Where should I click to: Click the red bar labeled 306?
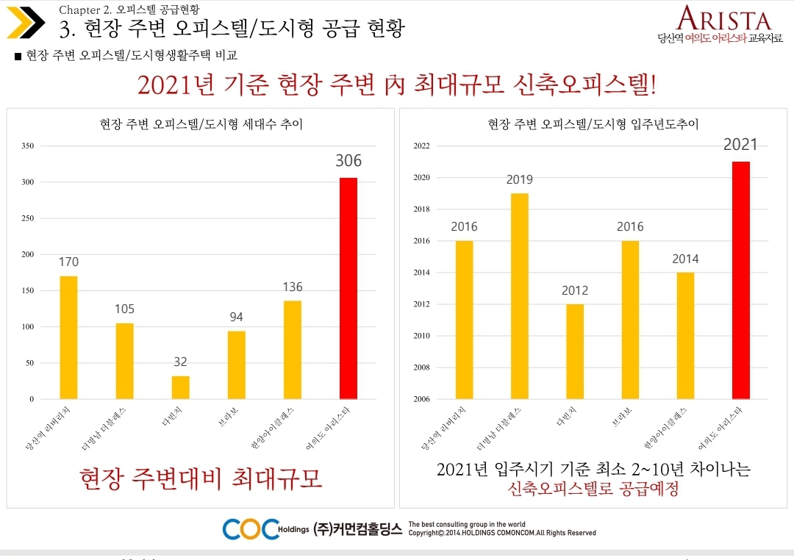click(348, 288)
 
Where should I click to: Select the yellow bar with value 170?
click(68, 337)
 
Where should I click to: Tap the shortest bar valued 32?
click(181, 387)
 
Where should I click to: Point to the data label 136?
click(293, 287)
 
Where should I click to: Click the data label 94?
click(236, 317)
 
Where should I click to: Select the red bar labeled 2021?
click(741, 280)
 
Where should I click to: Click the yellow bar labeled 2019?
click(519, 296)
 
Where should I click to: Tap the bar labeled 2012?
click(575, 351)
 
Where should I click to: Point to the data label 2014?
click(685, 259)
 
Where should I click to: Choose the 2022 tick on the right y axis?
click(421, 146)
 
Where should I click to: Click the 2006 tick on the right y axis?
click(421, 399)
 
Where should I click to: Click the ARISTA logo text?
click(723, 19)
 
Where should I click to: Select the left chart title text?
click(201, 125)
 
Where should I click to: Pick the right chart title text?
click(593, 125)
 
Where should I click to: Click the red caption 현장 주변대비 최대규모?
click(201, 478)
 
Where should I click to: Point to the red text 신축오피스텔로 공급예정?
click(593, 489)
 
